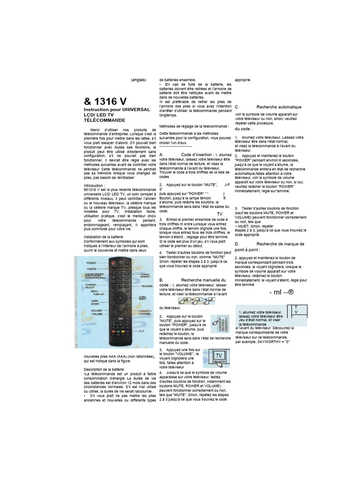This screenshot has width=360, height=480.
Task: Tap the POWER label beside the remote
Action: point(91,263)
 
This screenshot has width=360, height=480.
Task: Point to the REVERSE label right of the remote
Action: point(147,285)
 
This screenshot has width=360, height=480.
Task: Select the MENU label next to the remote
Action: point(94,291)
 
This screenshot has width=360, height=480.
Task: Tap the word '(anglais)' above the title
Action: point(139,79)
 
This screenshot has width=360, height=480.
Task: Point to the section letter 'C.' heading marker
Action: point(237,107)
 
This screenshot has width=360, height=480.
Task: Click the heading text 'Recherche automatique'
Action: point(279,107)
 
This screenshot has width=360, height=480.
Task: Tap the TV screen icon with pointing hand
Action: point(219,358)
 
